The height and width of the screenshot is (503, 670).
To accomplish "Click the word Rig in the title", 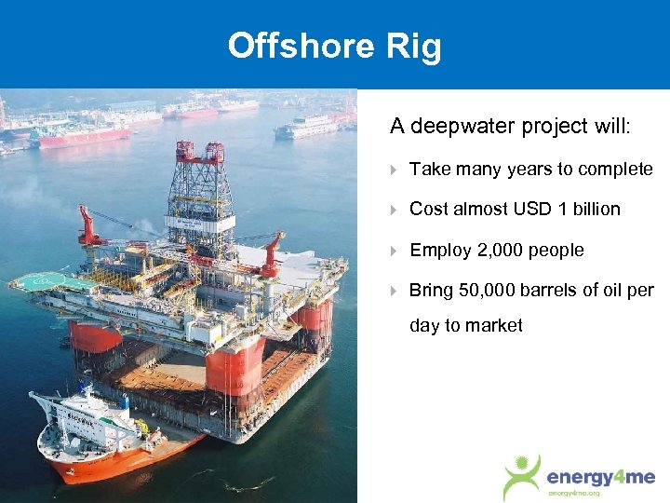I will pyautogui.click(x=417, y=46).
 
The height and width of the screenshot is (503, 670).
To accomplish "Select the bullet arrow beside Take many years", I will pyautogui.click(x=395, y=170).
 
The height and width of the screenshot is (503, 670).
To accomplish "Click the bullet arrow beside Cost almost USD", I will pyautogui.click(x=395, y=210).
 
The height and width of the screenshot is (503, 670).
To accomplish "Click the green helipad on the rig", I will pyautogui.click(x=43, y=279).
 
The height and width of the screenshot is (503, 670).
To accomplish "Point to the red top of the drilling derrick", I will pyautogui.click(x=199, y=150).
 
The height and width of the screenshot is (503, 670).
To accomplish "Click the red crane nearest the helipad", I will pyautogui.click(x=90, y=228).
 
